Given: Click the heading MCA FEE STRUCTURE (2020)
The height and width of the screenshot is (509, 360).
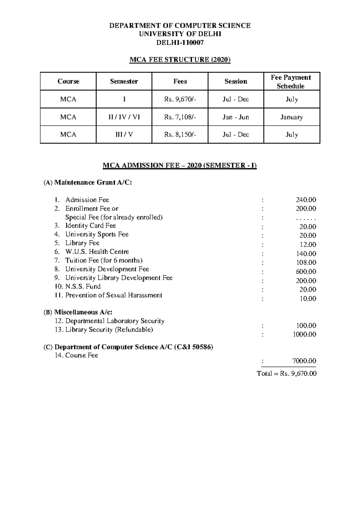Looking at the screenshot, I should (x=180, y=60).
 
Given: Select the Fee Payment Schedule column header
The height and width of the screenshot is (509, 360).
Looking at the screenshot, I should (x=292, y=82).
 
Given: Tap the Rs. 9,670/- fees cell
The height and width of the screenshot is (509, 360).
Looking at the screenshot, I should (x=180, y=99).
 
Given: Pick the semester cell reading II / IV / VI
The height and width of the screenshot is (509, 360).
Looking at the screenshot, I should (x=124, y=117).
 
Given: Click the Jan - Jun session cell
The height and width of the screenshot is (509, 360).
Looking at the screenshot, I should (x=236, y=117).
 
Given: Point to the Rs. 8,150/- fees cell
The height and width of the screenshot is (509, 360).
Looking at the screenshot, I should (x=180, y=135).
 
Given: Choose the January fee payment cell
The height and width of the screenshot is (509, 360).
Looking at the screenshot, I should (x=292, y=117).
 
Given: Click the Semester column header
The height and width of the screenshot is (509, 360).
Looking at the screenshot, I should (x=124, y=81).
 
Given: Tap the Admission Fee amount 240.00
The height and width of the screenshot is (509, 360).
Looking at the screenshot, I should (x=306, y=200).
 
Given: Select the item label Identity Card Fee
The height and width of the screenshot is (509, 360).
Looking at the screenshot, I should (x=91, y=226).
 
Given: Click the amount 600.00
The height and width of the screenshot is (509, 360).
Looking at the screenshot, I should (x=306, y=272).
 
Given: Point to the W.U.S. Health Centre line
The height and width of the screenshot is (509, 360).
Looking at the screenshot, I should (x=97, y=252).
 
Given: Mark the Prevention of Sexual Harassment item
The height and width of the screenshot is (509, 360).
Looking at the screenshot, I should (x=113, y=295).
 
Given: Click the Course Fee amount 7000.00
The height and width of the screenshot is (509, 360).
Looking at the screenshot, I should (x=304, y=361).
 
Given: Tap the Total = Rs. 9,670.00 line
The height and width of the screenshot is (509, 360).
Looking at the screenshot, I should (x=286, y=374).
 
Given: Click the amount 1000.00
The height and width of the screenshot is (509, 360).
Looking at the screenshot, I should (x=304, y=334).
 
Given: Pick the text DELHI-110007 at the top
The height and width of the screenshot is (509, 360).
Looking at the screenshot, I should (x=180, y=43).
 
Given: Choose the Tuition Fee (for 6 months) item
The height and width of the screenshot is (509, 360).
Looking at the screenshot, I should (x=104, y=261).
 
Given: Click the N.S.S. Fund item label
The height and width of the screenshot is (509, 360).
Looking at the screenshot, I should (x=82, y=287).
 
